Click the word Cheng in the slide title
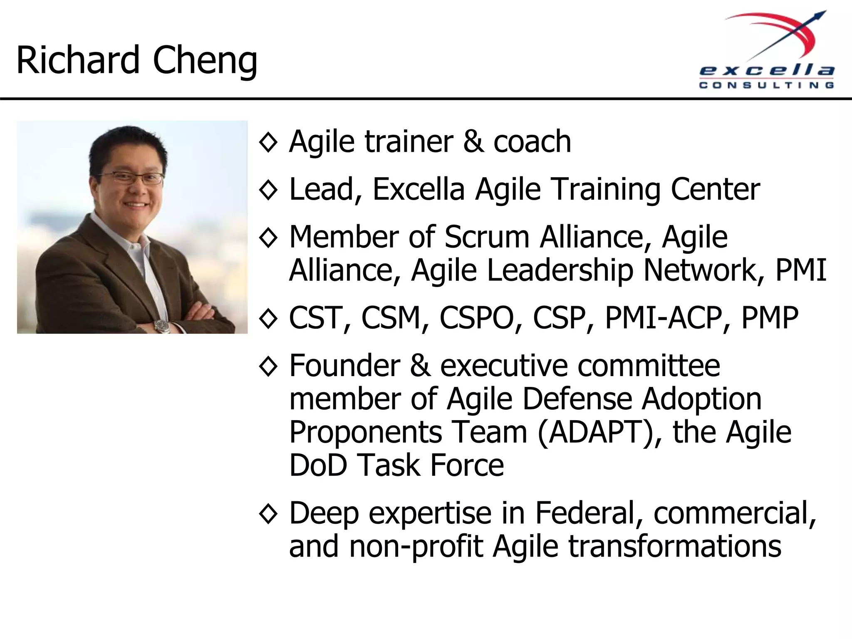tap(205, 61)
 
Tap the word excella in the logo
tap(767, 71)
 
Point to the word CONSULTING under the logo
tap(767, 85)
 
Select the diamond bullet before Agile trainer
tap(268, 143)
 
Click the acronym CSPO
tap(476, 318)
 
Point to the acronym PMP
tap(770, 318)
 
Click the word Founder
tap(344, 366)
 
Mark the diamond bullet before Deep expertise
tap(268, 514)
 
